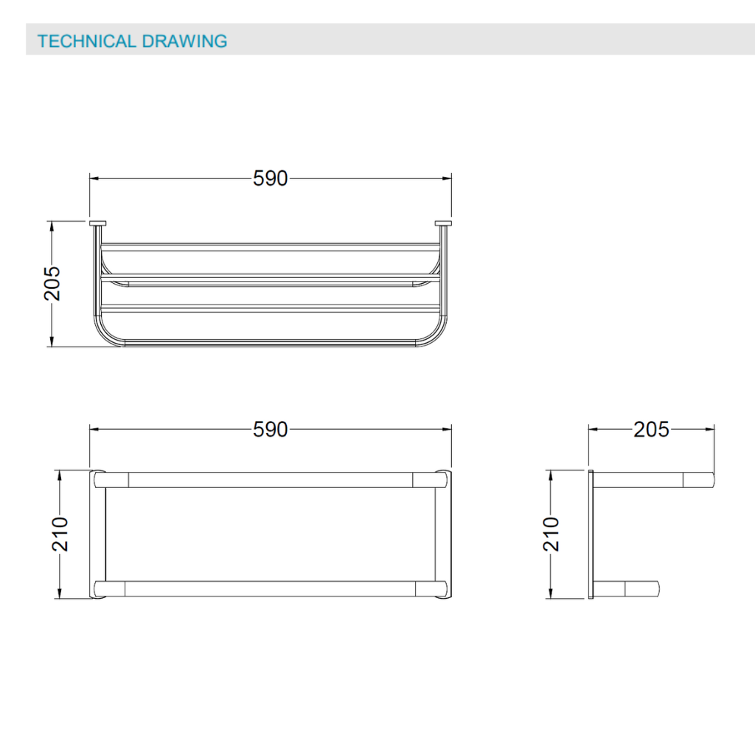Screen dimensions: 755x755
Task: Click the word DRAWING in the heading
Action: (184, 41)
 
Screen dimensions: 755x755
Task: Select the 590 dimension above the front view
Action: (270, 178)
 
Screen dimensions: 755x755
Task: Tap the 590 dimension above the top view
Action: (270, 430)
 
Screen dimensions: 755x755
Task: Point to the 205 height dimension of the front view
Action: (52, 284)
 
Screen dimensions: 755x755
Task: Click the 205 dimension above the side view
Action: (651, 430)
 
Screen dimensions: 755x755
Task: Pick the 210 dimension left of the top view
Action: (60, 534)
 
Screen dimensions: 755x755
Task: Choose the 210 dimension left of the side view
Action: (551, 534)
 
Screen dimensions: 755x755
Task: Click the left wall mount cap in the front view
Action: (98, 223)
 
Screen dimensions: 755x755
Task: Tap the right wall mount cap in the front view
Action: (443, 223)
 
